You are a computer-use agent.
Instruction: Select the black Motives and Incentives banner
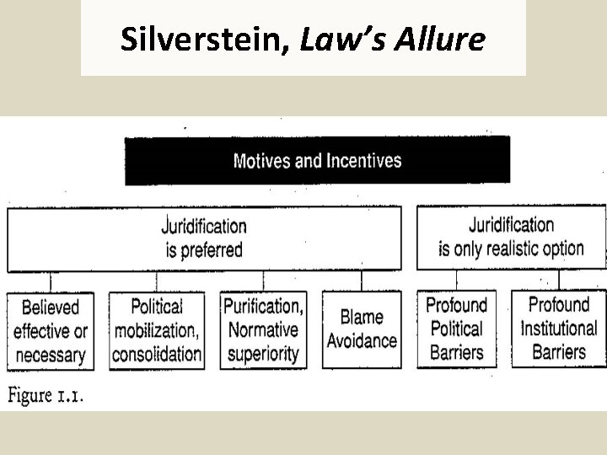[317, 160]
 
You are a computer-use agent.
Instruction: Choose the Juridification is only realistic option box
[511, 237]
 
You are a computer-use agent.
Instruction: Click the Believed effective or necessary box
[51, 329]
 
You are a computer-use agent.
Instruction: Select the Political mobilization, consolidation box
[157, 329]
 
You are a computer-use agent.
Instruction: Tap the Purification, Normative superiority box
[262, 329]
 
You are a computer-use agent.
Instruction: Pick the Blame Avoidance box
[362, 329]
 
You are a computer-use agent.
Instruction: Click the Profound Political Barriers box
[456, 329]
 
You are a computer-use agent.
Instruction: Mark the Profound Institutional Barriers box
[558, 329]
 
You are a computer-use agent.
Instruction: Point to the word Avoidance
[362, 340]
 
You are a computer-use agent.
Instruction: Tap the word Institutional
[558, 329]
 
